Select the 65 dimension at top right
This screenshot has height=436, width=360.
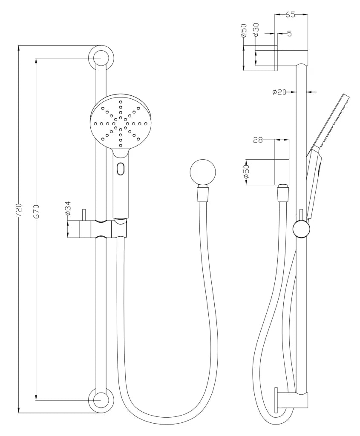click(x=290, y=14)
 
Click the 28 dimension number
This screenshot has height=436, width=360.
click(x=258, y=139)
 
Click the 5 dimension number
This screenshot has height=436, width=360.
click(x=289, y=33)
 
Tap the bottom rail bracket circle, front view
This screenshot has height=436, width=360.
click(x=101, y=401)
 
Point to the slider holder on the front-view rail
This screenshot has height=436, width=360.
click(x=102, y=229)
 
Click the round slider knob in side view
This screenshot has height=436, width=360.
click(x=301, y=229)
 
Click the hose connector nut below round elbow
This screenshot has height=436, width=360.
click(x=202, y=194)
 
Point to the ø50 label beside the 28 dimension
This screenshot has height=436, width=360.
click(x=246, y=172)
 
